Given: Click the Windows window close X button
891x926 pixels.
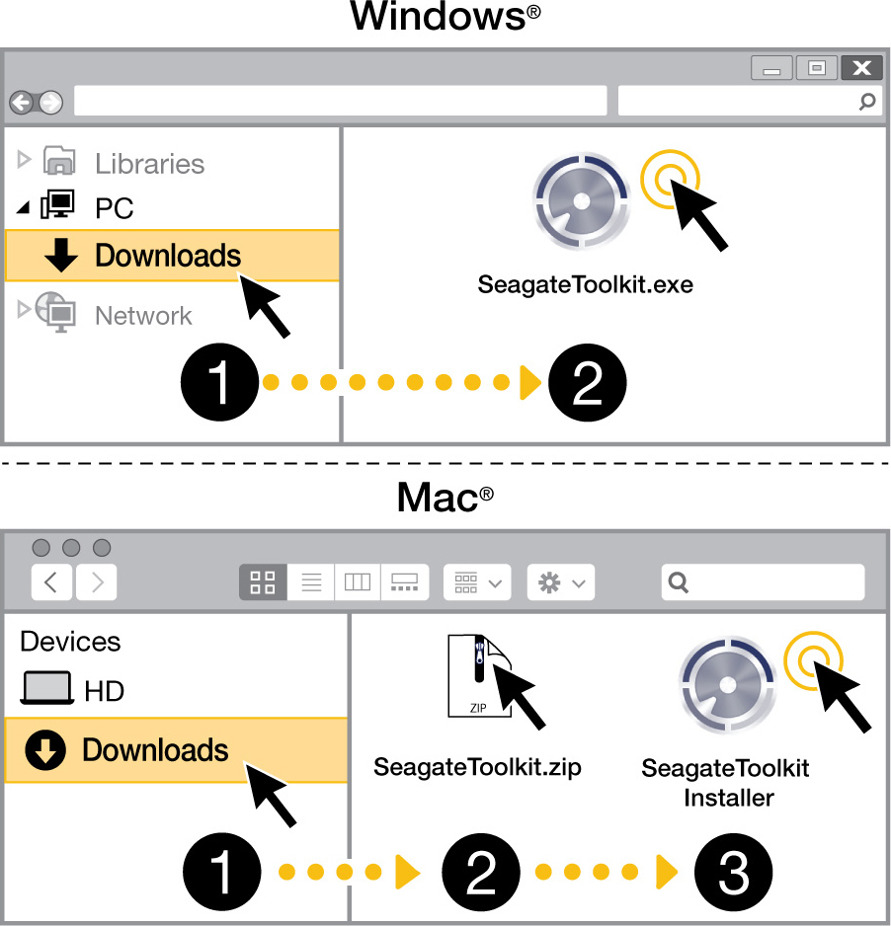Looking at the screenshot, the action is coord(862,68).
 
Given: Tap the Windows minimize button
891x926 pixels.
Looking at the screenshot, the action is coord(771,68).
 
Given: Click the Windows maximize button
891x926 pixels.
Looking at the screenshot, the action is coord(817,68).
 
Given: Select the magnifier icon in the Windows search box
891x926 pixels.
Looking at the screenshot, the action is coord(866,102).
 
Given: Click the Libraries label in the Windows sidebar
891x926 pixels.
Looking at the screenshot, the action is coord(149,164).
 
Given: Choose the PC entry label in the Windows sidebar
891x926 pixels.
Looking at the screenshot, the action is coord(114,208).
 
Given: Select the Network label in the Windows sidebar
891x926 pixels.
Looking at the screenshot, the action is coord(143,315).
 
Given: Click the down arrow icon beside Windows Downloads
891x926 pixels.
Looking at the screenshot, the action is coord(61,255).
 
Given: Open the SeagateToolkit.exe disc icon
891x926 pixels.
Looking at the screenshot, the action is coord(582,201).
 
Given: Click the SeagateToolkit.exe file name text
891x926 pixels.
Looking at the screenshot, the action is coord(585,284).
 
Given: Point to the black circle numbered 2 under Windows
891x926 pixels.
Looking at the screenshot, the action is coord(588,382).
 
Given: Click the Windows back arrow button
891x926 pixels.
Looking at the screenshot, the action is coord(22,103).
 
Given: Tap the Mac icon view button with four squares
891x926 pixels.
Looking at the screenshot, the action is coord(263,582).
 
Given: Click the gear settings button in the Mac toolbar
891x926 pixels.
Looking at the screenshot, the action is coord(561,582).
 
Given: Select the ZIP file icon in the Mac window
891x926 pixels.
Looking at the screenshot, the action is coord(479,675).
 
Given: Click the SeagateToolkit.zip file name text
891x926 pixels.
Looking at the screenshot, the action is coord(477,767).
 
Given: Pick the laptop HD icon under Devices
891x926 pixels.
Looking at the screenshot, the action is coord(47,688).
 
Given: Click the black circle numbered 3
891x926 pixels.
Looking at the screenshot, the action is coord(733,872).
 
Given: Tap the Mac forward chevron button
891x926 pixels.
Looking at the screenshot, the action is coord(96,582).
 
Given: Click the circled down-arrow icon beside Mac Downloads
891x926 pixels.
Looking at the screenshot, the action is coord(45,750).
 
